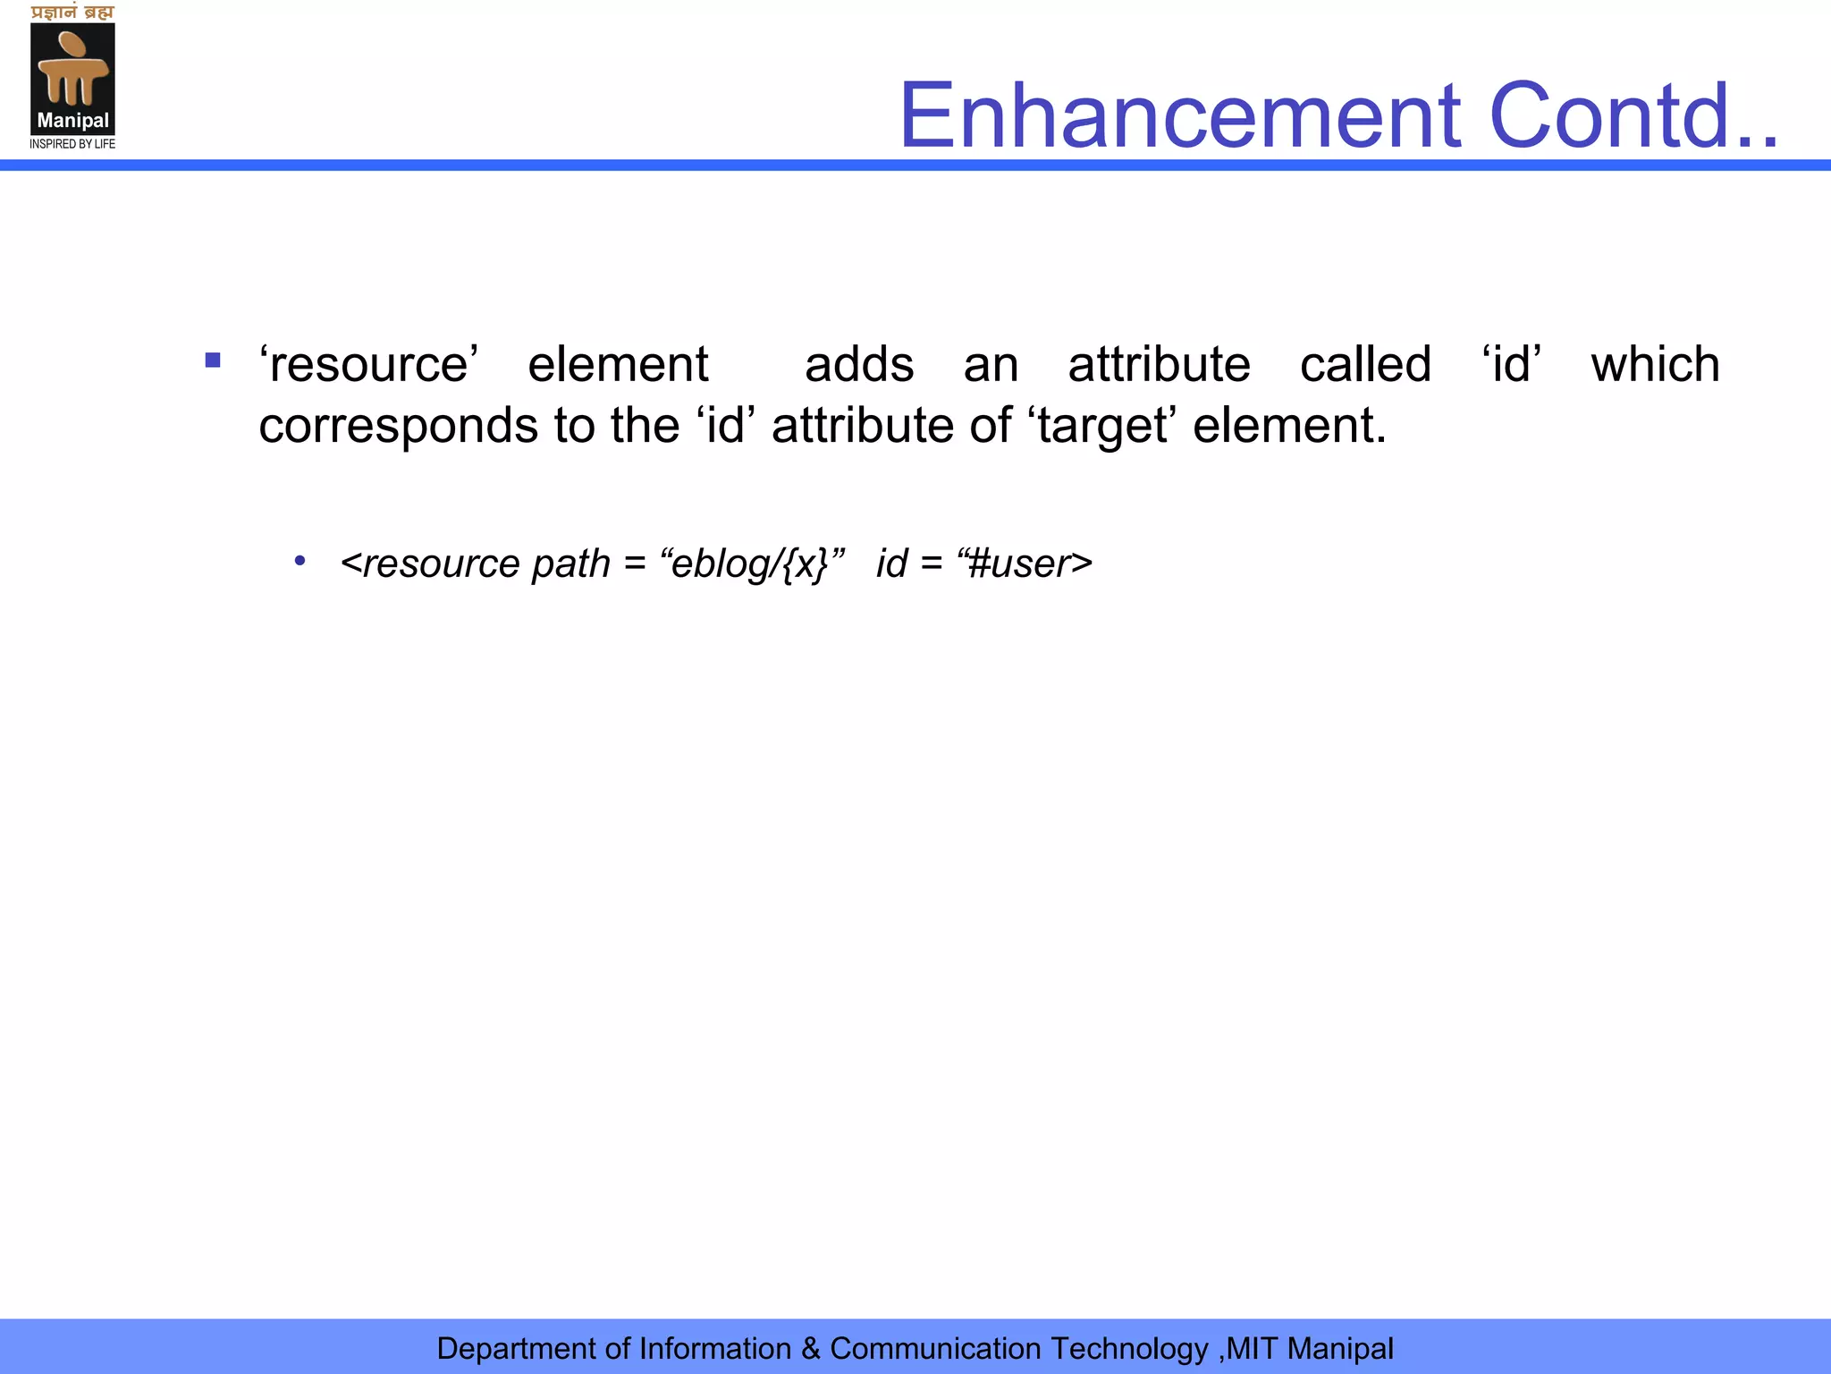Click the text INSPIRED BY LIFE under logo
[72, 144]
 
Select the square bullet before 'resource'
[213, 361]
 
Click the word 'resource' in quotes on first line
[368, 365]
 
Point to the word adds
[858, 365]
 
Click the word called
[1365, 365]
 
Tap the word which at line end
[1655, 365]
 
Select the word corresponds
[398, 426]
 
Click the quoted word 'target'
[1102, 426]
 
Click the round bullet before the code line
[300, 562]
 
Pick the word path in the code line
[570, 564]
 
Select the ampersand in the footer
[811, 1348]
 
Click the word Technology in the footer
[1129, 1348]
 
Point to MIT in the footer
[1253, 1348]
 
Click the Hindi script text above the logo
[72, 13]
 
